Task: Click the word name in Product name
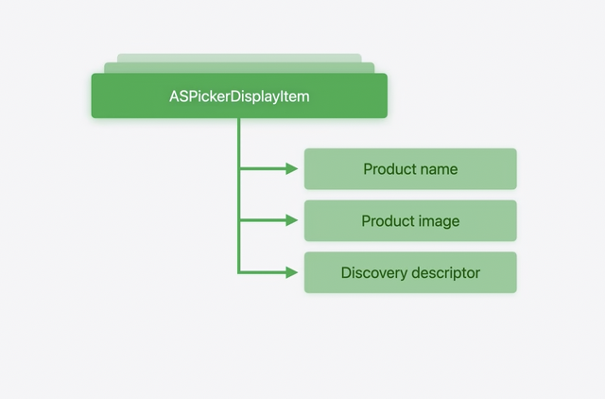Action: [439, 169]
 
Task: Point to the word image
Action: [441, 221]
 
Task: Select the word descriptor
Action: [445, 272]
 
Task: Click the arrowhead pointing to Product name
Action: [291, 169]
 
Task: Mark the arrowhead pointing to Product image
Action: [291, 221]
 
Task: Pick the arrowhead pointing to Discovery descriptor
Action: [291, 272]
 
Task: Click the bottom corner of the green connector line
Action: [239, 272]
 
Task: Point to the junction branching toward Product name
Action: [239, 169]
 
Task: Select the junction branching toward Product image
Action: [239, 221]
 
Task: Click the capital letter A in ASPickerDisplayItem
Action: [174, 96]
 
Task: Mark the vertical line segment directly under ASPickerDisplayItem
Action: [239, 142]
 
